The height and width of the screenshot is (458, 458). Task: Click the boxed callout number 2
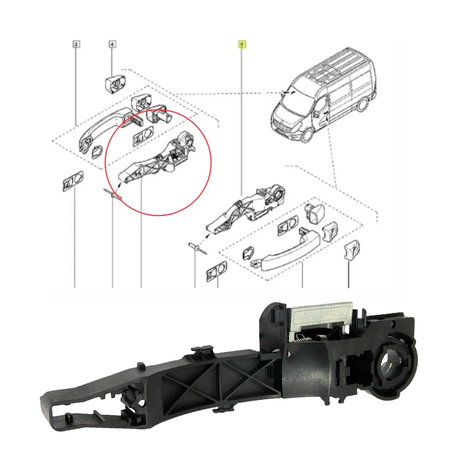coord(76,44)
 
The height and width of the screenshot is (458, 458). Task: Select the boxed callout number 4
coord(112,44)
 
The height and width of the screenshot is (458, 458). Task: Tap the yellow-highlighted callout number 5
coord(242,44)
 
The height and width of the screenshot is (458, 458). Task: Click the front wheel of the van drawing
coord(307,134)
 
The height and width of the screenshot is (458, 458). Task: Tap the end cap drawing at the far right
coord(352,250)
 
